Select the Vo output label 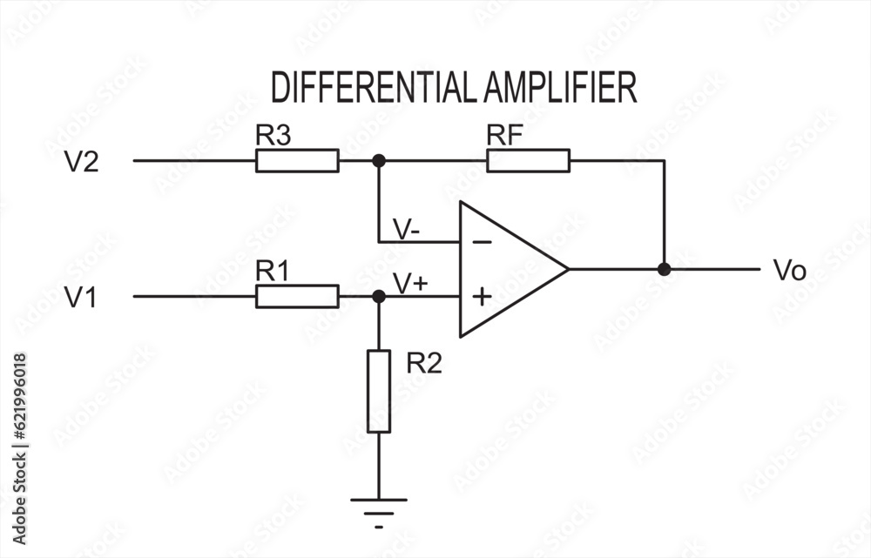click(x=789, y=271)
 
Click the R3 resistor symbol click(x=297, y=161)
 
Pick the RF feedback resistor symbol click(x=528, y=161)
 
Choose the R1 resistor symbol click(x=297, y=297)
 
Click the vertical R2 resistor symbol click(x=379, y=391)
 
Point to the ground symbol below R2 click(x=379, y=503)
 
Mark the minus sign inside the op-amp click(x=482, y=242)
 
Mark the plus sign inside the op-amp click(x=482, y=297)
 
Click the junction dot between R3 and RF click(x=379, y=161)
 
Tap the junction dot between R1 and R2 click(x=379, y=297)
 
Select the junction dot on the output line click(x=664, y=270)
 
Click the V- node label click(x=407, y=230)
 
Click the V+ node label click(x=410, y=283)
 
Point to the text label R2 click(x=424, y=364)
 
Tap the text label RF click(x=504, y=135)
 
